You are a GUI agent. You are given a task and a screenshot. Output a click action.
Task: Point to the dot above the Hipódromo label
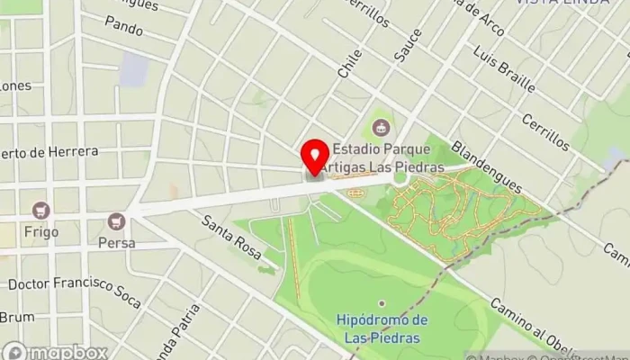click(x=382, y=303)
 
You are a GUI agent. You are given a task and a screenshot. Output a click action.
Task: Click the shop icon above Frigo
click(x=40, y=211)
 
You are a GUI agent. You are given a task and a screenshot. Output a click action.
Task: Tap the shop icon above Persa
click(x=116, y=220)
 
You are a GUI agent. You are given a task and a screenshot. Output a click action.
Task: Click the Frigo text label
click(x=41, y=231)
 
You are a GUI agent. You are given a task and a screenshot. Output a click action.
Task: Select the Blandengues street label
click(x=486, y=165)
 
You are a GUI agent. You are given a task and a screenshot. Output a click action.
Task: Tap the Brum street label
click(x=16, y=317)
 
